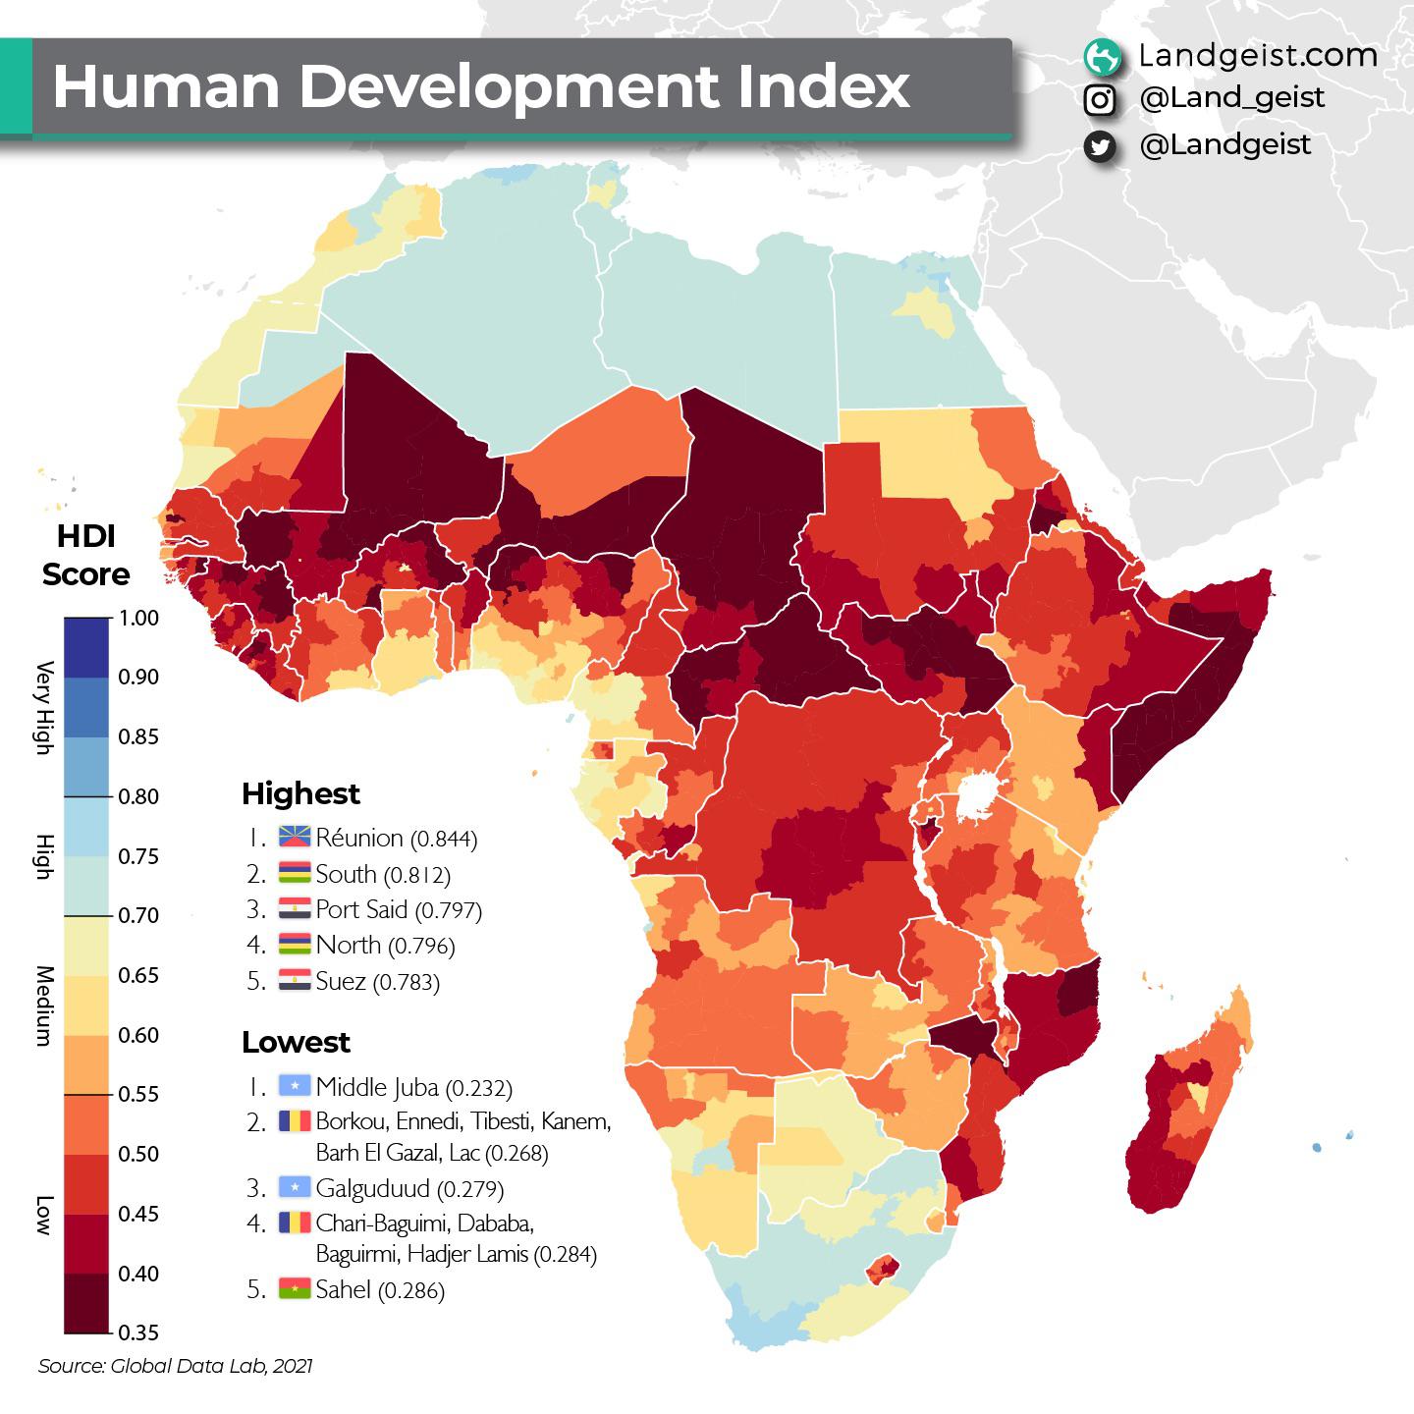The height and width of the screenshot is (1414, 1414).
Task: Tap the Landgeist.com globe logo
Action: (x=1102, y=57)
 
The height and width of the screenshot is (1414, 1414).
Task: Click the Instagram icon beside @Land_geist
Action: (x=1101, y=99)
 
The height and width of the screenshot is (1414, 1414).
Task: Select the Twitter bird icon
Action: (x=1101, y=146)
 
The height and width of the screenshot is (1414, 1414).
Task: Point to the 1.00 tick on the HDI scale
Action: (x=138, y=618)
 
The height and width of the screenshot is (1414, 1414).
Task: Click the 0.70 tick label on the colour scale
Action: (x=138, y=915)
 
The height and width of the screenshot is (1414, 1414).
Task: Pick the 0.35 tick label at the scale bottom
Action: (x=138, y=1332)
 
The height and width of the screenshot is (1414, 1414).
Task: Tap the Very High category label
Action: (x=43, y=707)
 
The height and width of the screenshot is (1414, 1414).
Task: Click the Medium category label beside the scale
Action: (x=43, y=1006)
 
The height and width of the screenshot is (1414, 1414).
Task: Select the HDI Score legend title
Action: (x=85, y=555)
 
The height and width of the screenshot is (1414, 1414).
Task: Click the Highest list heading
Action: (x=300, y=793)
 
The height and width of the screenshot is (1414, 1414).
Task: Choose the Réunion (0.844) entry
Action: (x=396, y=839)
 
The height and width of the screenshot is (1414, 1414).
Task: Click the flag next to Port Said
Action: (x=295, y=910)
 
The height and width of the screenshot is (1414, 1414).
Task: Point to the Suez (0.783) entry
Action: (x=377, y=981)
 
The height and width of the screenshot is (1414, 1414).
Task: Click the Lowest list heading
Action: (x=296, y=1042)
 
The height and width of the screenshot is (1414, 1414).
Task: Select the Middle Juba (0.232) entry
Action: (x=413, y=1087)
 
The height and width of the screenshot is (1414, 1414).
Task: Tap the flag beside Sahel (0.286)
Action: (x=295, y=1289)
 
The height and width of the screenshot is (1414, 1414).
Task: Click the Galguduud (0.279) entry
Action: (x=409, y=1189)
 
